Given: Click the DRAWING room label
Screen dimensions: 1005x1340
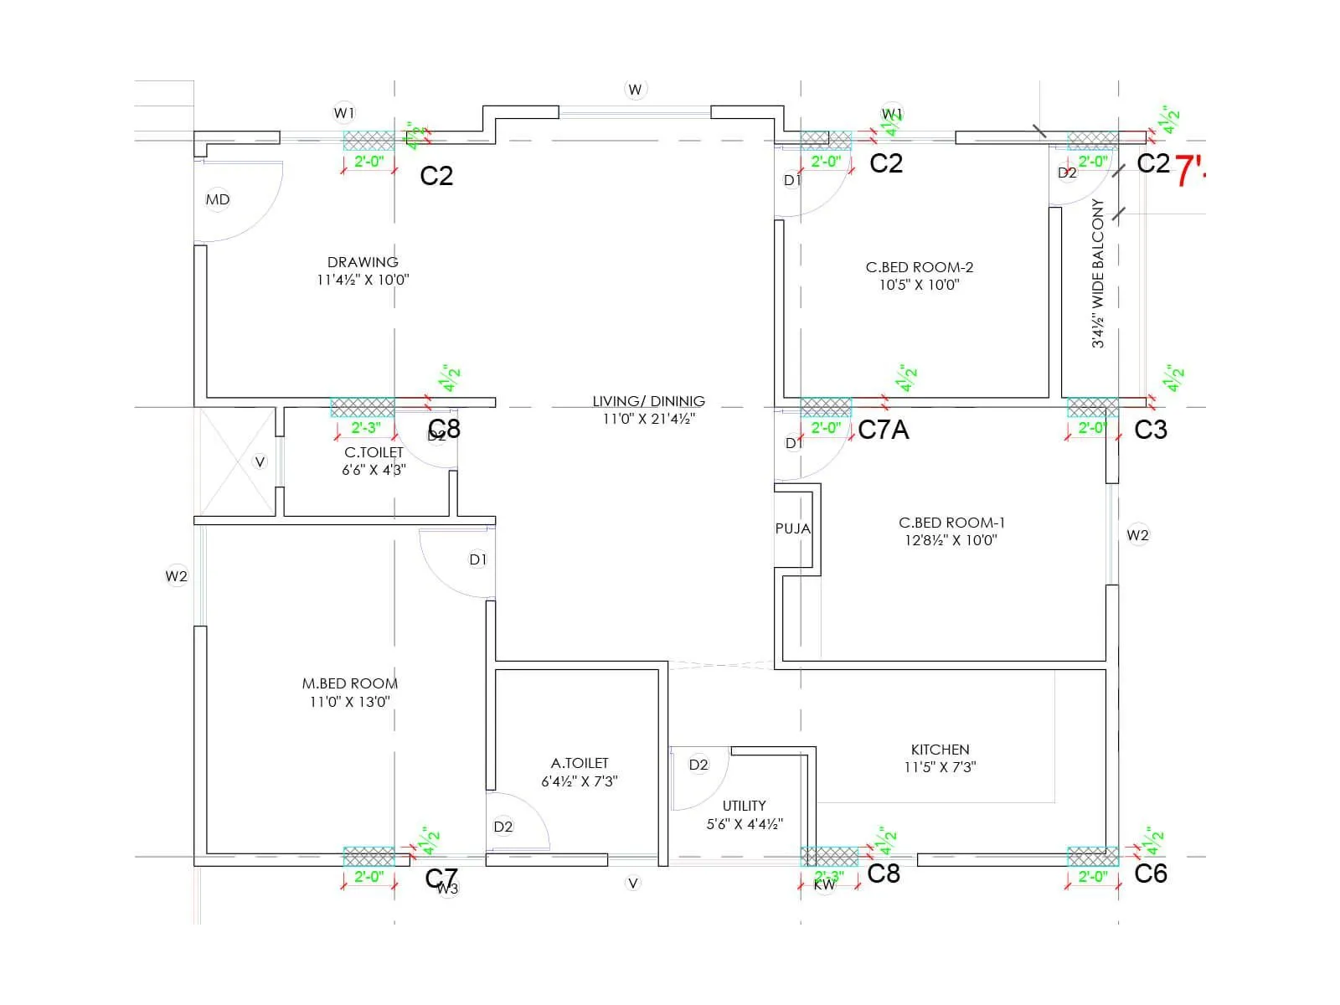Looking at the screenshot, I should point(363,262).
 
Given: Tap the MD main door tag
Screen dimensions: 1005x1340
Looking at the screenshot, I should point(218,199).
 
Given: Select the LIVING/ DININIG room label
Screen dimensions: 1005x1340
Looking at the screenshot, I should point(648,401).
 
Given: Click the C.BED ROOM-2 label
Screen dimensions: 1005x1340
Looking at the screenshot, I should point(919,267).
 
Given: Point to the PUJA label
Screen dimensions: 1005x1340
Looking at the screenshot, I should point(792,528).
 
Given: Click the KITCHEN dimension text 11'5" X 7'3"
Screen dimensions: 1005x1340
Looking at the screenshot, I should point(940,767).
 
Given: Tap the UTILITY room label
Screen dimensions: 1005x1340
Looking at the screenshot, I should point(744,806).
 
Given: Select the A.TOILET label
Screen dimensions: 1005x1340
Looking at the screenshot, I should point(580,763).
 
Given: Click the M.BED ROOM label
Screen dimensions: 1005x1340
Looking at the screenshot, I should point(350,683).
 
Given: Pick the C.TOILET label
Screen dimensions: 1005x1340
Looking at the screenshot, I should point(374,452).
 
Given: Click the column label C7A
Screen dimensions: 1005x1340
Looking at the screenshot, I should point(883,430).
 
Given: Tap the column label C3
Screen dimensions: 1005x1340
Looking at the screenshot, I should point(1150,430).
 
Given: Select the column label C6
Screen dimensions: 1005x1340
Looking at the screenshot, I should point(1150,874).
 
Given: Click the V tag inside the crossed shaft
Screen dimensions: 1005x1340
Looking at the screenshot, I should point(260,461).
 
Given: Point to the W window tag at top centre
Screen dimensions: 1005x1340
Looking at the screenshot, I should point(635,90).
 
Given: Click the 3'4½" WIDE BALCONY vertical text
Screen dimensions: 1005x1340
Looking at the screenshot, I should point(1098,273).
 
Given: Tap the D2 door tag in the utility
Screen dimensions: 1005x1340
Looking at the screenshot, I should point(698,765).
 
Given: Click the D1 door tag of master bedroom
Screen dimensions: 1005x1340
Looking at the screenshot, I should point(477,559).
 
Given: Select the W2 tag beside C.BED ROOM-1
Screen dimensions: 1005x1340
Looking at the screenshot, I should point(1137,535).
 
